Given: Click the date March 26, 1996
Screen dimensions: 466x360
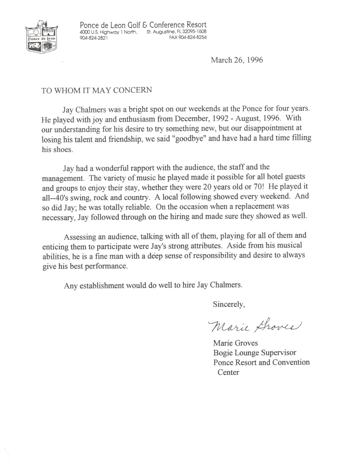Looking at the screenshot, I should [x=237, y=60].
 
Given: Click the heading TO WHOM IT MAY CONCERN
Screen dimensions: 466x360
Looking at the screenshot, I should [x=96, y=90].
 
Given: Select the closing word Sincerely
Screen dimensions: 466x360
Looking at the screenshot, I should [x=229, y=304].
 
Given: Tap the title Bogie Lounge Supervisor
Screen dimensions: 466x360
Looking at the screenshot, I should [x=254, y=353].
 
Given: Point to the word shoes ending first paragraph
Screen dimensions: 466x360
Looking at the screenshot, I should [x=63, y=149].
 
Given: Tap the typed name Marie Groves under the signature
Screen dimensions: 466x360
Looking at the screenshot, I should [x=236, y=343].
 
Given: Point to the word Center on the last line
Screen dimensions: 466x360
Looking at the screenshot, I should [x=228, y=372].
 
